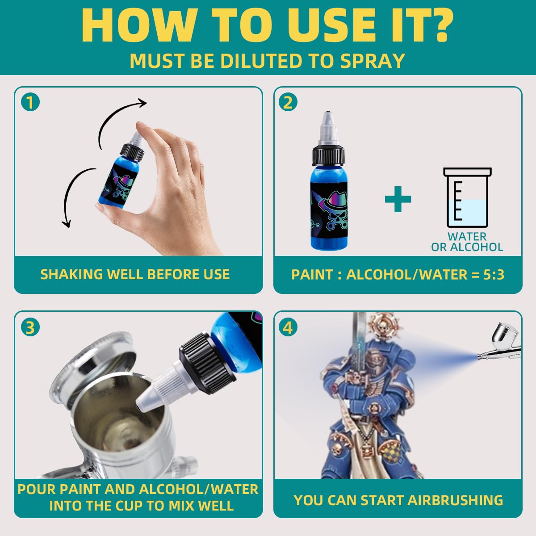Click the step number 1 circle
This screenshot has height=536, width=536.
(30, 102)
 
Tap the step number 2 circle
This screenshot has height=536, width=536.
(288, 102)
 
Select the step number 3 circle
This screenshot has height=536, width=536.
(30, 327)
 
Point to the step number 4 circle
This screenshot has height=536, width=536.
(288, 327)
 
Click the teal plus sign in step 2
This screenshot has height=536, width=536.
(398, 199)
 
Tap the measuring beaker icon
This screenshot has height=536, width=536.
(467, 197)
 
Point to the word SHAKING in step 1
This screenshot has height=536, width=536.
(71, 274)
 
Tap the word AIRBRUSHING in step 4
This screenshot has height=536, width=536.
(455, 500)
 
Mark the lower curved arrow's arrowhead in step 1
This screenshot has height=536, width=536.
(66, 223)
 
